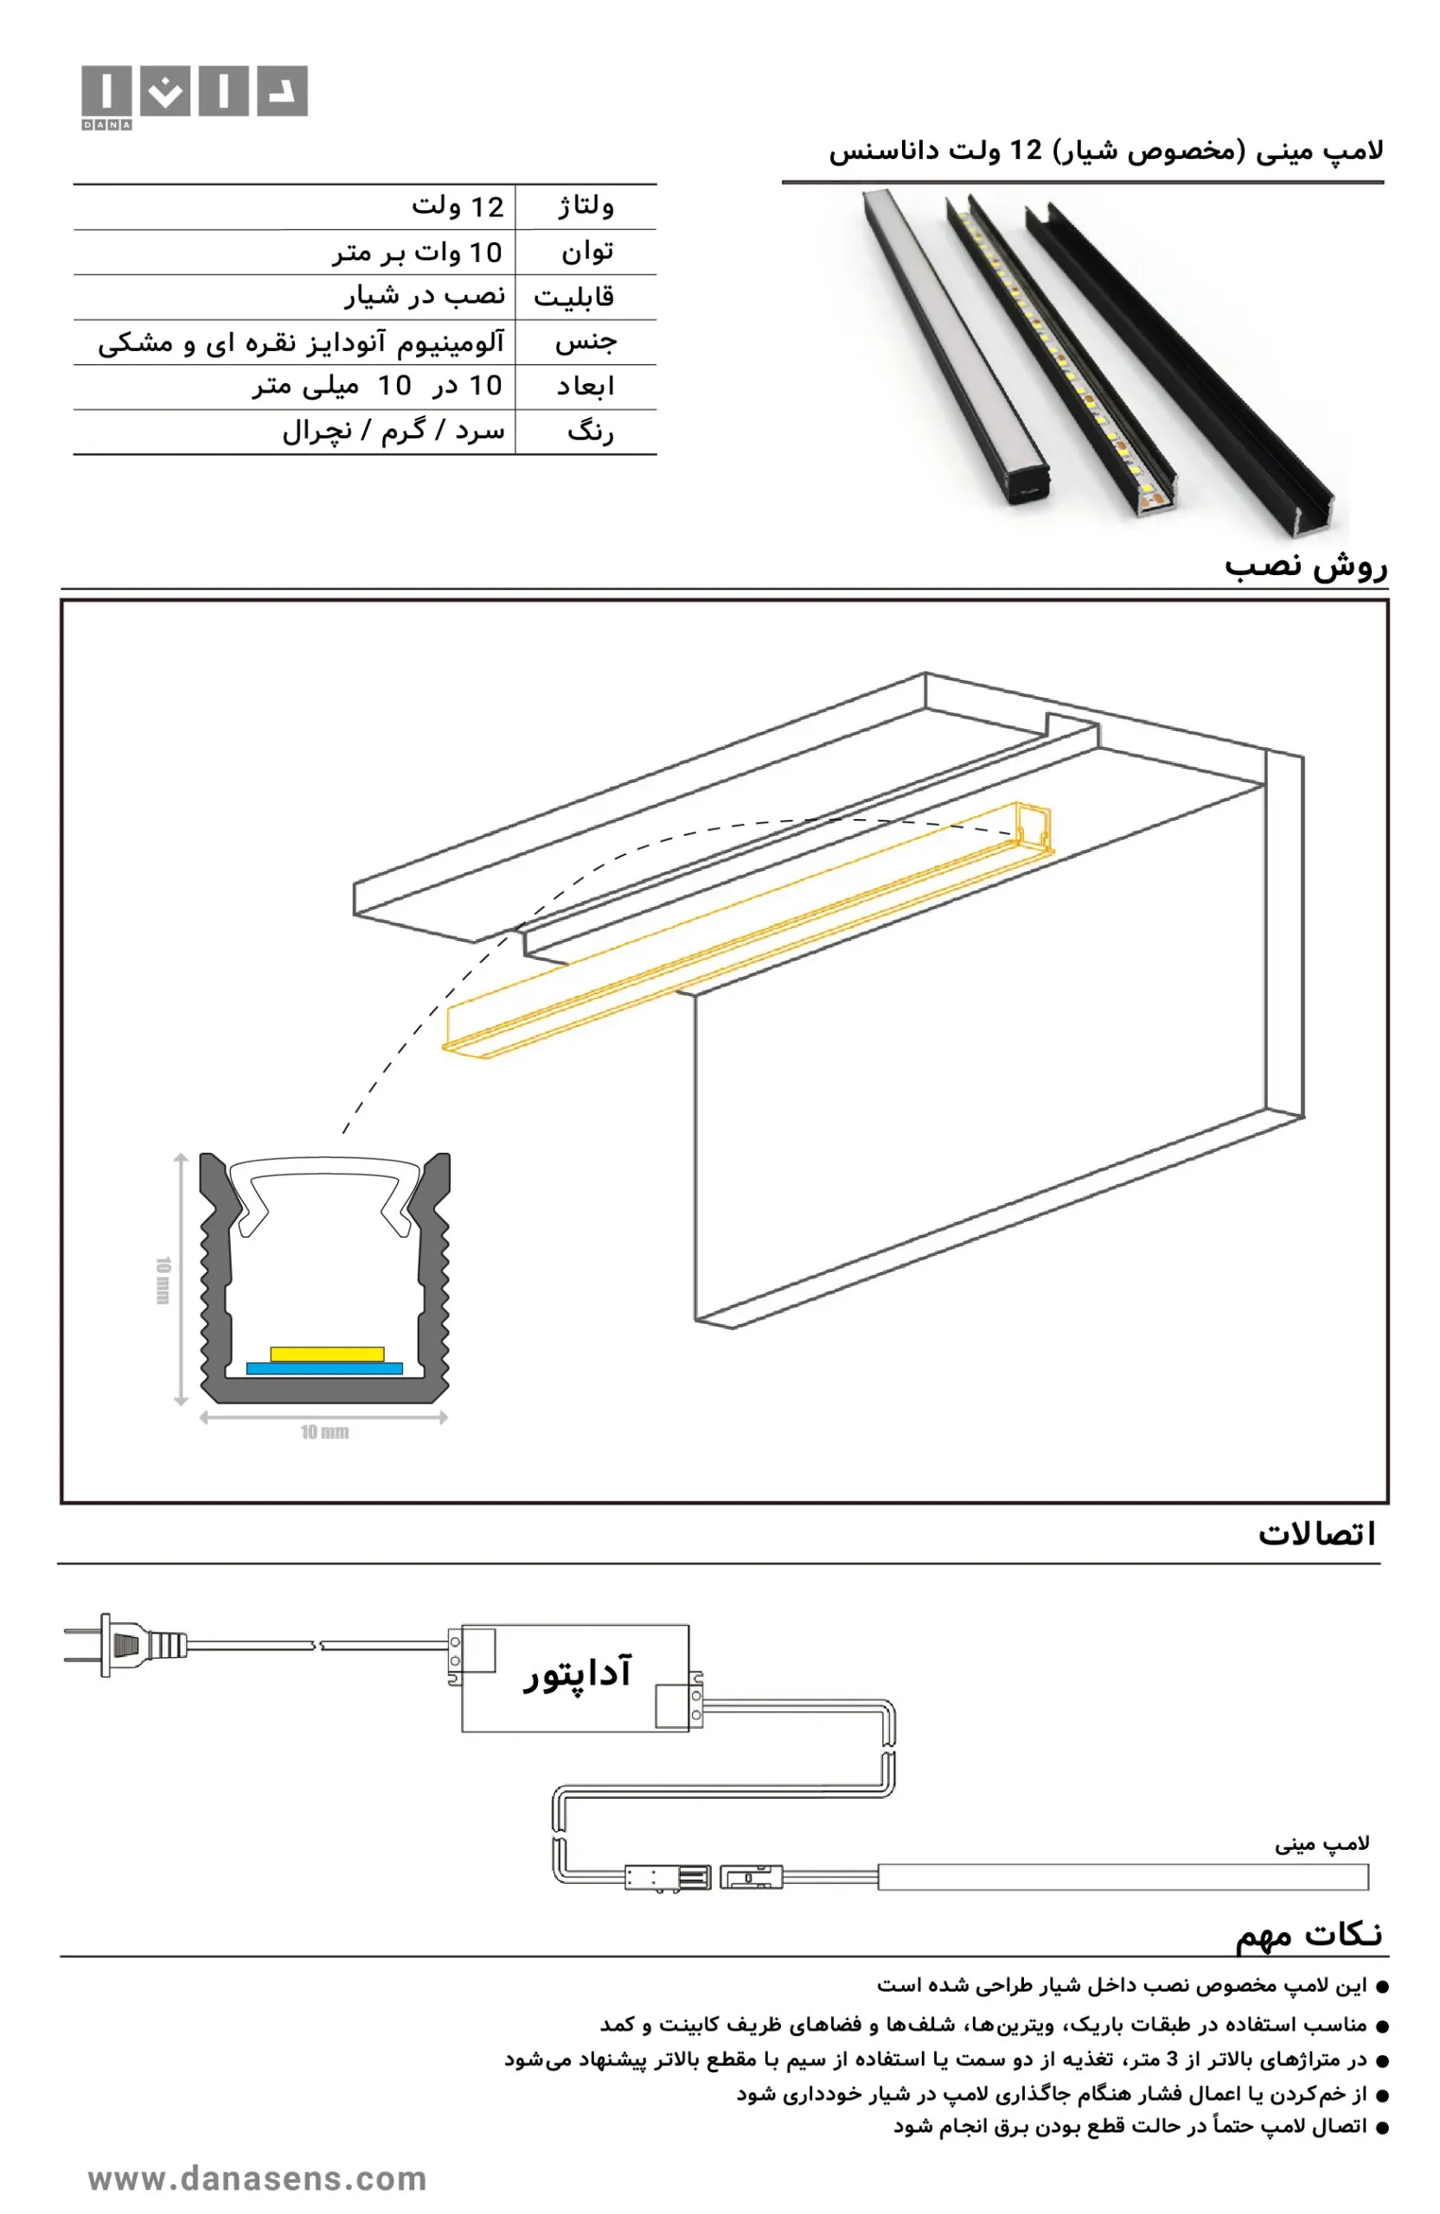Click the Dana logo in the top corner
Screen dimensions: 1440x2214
coord(194,97)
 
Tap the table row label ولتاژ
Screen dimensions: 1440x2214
coord(586,207)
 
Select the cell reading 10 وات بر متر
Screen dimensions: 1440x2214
coord(418,252)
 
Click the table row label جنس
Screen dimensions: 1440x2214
coord(586,342)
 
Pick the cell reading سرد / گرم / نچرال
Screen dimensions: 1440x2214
coord(394,431)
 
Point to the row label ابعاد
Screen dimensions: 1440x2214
coord(586,386)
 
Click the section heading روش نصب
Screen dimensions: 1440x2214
coord(1305,566)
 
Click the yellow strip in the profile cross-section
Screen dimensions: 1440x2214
coord(327,1353)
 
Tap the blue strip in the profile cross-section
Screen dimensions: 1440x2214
coord(323,1368)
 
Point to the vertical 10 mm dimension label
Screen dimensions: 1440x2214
coord(163,1280)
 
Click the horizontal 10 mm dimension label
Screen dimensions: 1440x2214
coord(323,1431)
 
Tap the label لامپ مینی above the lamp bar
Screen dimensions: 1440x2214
coord(1321,1842)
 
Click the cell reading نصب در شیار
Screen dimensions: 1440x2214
coord(426,296)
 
